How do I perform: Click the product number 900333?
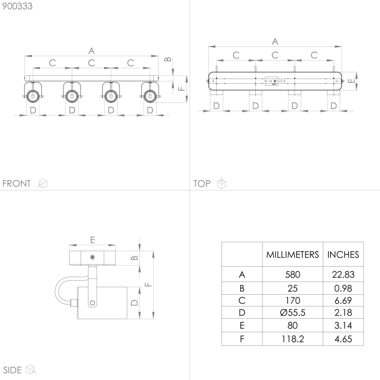[17, 6]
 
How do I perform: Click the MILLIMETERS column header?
[292, 254]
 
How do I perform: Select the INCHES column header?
[343, 254]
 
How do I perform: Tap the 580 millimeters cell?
[292, 275]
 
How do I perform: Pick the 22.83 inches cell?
[343, 275]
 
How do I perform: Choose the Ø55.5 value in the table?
[292, 313]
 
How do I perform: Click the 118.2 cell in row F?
[292, 339]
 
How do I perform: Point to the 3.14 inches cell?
[343, 326]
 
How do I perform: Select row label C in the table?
[242, 300]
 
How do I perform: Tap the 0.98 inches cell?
[343, 288]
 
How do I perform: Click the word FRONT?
[17, 183]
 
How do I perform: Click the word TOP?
[202, 183]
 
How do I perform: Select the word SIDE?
[12, 370]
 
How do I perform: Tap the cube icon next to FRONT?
[42, 183]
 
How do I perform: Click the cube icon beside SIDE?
[31, 370]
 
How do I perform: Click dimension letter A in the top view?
[275, 41]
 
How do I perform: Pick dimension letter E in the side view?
[92, 239]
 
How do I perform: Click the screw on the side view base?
[92, 257]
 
